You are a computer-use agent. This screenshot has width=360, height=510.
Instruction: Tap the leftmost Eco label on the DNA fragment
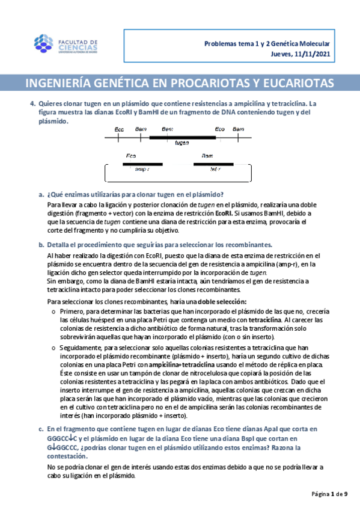(x=120, y=129)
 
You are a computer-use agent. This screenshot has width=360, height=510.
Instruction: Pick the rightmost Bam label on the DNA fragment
(x=238, y=129)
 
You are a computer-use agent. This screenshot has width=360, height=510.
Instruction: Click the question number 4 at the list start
(x=32, y=103)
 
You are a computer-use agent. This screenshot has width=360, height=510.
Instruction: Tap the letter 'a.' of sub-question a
(x=41, y=194)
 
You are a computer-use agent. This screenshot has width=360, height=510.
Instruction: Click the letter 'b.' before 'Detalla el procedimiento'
(x=41, y=245)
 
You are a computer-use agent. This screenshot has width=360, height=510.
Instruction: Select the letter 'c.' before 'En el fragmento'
(x=41, y=429)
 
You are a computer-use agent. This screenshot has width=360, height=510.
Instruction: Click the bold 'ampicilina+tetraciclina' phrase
(x=183, y=365)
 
